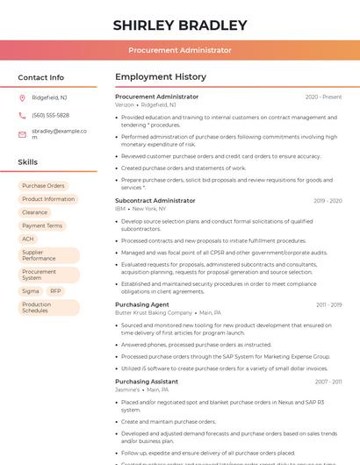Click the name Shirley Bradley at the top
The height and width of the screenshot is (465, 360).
(180, 25)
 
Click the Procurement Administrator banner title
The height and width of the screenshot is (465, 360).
(180, 51)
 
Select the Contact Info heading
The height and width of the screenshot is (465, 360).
(40, 77)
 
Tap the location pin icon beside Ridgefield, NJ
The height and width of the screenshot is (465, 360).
(22, 97)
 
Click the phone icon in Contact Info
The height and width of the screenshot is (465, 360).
(22, 115)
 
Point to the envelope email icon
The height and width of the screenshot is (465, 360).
(22, 133)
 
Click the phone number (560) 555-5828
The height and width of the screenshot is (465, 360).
(50, 115)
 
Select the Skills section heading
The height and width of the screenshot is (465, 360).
(27, 162)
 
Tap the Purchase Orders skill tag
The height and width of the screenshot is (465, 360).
(43, 186)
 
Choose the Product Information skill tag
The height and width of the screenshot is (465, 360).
(48, 199)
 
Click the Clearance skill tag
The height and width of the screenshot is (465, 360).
(35, 212)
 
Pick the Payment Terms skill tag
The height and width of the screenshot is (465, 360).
(42, 225)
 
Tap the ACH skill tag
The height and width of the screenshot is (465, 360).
(28, 239)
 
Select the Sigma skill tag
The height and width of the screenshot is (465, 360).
(31, 290)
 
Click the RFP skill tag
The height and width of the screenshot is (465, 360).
(55, 290)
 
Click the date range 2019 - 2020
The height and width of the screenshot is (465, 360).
(328, 201)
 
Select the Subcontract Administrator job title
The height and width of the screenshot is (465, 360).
(155, 201)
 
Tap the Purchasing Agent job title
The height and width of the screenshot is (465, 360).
(142, 304)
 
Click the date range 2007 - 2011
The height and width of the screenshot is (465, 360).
(328, 382)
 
